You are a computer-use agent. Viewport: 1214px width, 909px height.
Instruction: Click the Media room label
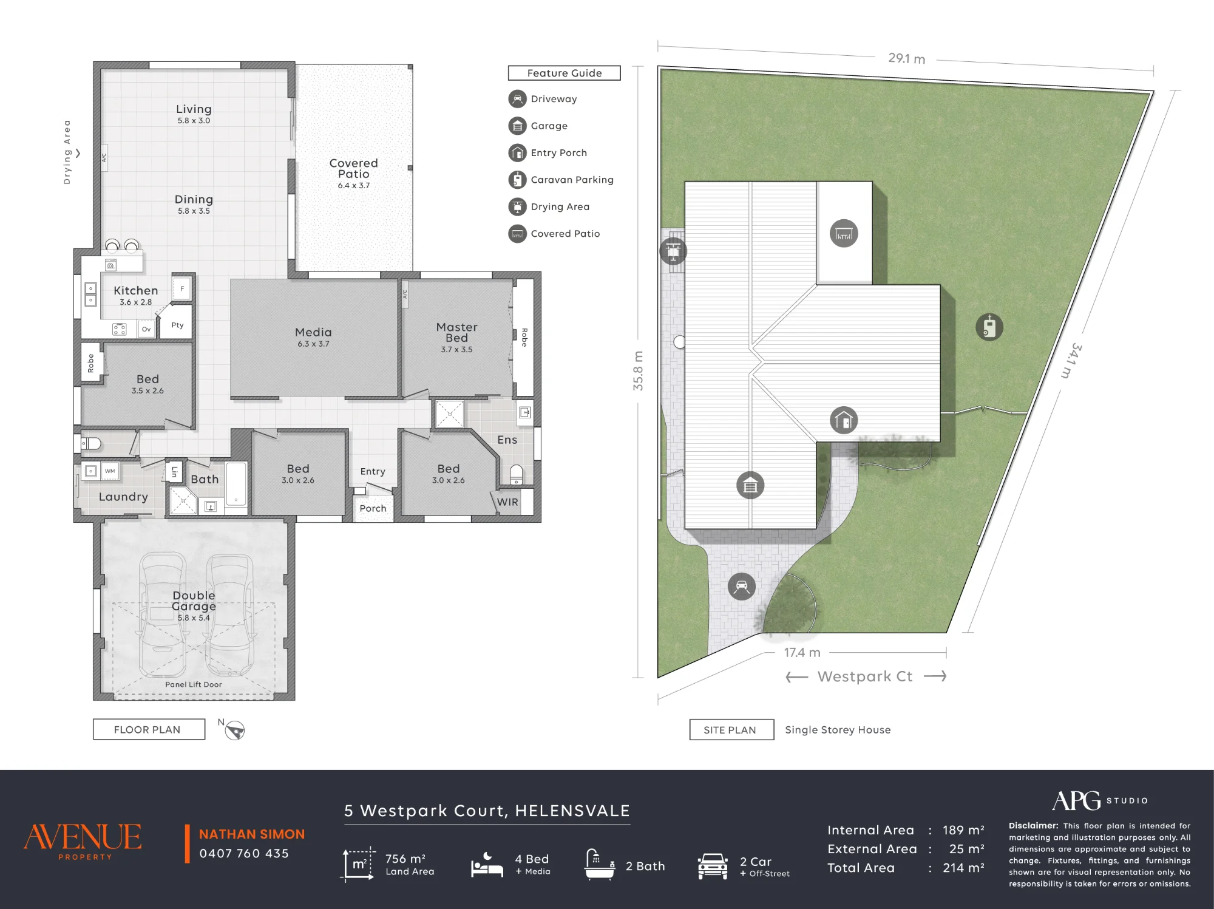[313, 332]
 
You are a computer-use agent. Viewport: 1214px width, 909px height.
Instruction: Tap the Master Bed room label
[456, 332]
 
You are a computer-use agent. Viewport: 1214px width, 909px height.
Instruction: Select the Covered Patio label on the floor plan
[353, 168]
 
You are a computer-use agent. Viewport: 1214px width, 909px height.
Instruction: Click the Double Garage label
[194, 601]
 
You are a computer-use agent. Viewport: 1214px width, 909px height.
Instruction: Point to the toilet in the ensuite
[516, 474]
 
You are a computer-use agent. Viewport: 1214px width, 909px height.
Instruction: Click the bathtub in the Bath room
[236, 484]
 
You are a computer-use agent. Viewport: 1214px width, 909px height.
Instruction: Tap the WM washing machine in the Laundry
[110, 471]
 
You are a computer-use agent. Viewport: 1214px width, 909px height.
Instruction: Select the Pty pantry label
[177, 325]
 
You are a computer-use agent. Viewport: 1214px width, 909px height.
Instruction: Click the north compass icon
[234, 730]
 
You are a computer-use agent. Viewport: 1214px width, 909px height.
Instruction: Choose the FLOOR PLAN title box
[149, 729]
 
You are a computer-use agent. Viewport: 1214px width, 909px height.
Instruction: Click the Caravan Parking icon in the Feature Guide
[517, 180]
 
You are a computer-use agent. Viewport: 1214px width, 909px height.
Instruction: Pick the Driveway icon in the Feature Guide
[517, 98]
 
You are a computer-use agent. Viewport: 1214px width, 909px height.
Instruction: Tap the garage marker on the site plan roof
[750, 486]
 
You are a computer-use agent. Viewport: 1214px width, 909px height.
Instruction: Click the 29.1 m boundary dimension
[906, 58]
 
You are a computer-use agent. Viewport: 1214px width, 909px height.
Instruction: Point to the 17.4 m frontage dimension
[802, 652]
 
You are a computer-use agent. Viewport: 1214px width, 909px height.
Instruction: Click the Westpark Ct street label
[865, 676]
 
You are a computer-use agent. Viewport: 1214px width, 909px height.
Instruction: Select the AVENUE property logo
[83, 841]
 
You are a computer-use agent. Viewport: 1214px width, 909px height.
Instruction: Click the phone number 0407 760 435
[244, 853]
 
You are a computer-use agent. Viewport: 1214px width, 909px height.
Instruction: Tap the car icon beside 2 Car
[713, 866]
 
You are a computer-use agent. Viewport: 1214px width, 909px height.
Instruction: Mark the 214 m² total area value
[963, 868]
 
